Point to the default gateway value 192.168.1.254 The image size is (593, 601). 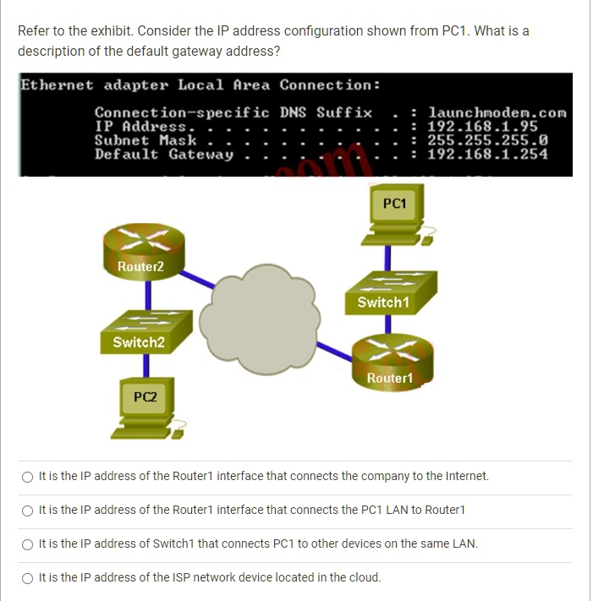coord(487,154)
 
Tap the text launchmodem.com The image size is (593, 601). coord(497,112)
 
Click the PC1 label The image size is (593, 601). coord(394,204)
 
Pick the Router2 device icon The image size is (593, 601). coord(141,254)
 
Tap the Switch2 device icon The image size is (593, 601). coord(141,332)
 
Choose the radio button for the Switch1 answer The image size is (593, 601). coord(29,544)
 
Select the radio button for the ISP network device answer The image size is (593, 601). coord(29,577)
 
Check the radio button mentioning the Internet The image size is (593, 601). coord(29,476)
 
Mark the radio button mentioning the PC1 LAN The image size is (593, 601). coord(29,510)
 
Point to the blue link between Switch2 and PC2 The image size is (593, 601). coord(146,363)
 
